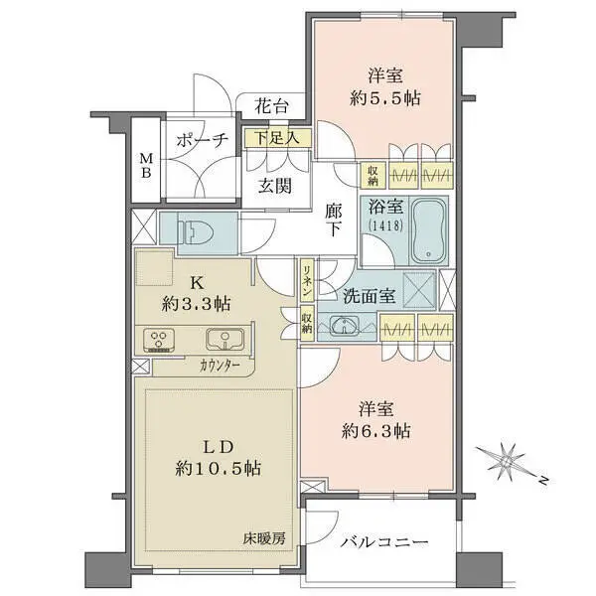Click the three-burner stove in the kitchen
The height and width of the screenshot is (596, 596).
tap(159, 340)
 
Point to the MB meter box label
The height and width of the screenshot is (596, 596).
tap(145, 166)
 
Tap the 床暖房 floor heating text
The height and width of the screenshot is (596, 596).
tap(265, 538)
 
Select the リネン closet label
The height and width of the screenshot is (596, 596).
tap(309, 281)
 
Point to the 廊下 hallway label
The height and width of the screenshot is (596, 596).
tap(335, 218)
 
